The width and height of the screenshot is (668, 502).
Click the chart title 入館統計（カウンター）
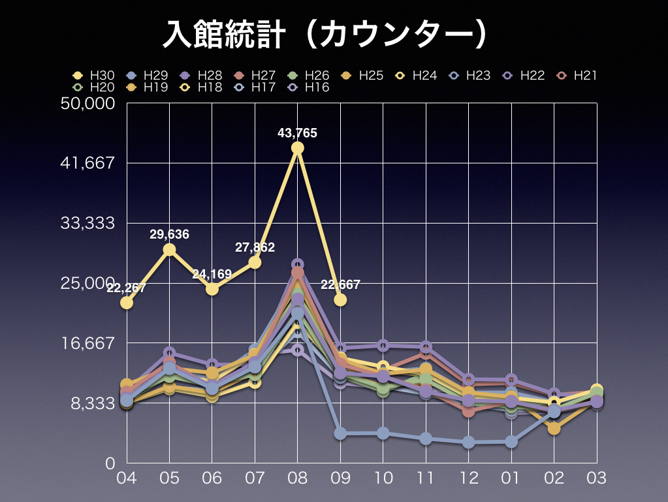pos(325,34)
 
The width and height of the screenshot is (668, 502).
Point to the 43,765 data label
pos(297,133)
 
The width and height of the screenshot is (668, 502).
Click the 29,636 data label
pos(169,235)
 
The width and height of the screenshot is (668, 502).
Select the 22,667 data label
pos(340,285)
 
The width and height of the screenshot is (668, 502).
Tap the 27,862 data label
pos(255,248)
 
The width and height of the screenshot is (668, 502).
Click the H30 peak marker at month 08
pos(297,148)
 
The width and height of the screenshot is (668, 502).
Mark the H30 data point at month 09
pos(340,299)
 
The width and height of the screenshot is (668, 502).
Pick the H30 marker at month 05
pos(169,249)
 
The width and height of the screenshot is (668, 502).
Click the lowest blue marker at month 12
pos(468,443)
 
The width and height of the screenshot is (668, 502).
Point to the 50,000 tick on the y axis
pos(87,103)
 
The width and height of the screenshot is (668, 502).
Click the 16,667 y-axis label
pos(87,343)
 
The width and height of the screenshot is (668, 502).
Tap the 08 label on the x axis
pos(297,478)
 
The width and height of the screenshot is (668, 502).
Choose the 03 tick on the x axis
pos(596,478)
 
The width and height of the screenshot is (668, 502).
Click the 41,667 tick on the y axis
pos(87,163)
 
